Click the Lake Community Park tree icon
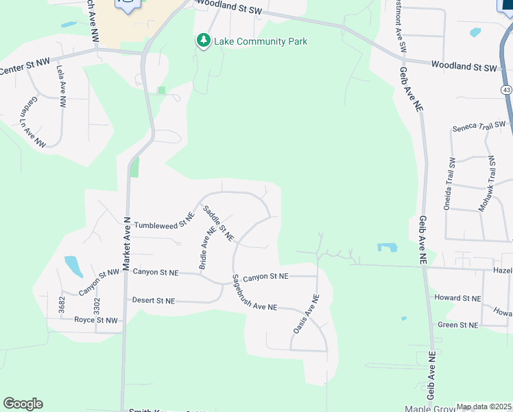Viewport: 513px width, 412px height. point(203,41)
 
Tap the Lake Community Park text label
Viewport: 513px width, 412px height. point(261,41)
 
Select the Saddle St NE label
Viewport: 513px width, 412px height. point(219,225)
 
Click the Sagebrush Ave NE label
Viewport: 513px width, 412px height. point(254,297)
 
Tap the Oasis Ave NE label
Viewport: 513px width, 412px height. point(306,314)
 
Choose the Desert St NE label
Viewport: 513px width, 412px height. point(154,301)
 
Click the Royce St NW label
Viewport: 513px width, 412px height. point(96,320)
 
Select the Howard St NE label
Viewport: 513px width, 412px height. point(457,298)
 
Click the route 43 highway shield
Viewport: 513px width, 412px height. point(505,90)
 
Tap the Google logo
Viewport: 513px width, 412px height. point(23,404)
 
